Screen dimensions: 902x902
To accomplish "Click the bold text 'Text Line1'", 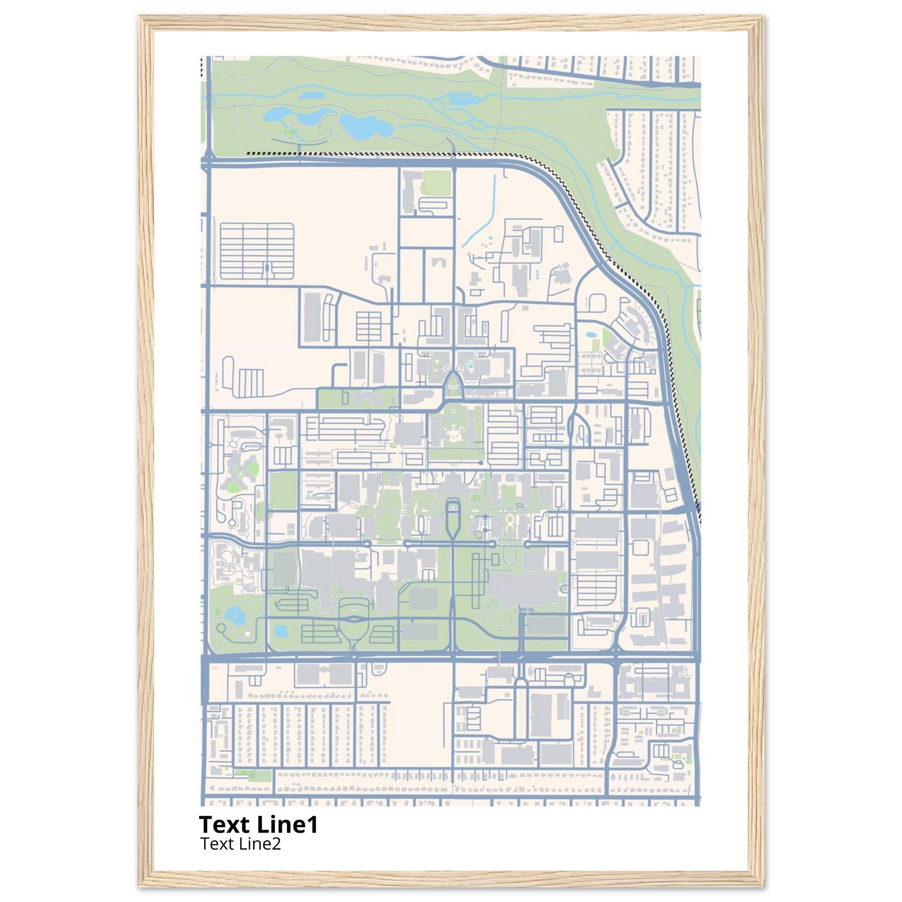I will [258, 825].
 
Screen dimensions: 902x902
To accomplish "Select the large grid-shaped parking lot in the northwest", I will [256, 251].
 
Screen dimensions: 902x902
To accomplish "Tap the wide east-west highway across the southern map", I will [451, 658].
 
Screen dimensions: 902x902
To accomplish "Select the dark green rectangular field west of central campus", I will [283, 490].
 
